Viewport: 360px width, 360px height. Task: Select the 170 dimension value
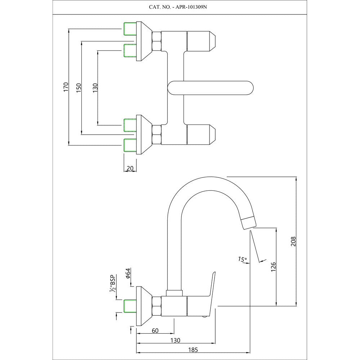click(66, 88)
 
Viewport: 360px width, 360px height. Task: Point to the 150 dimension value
click(79, 88)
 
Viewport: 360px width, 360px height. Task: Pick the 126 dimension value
click(273, 266)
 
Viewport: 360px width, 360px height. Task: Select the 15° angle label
click(242, 259)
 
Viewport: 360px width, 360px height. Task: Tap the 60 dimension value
click(155, 330)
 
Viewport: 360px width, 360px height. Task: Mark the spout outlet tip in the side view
click(248, 224)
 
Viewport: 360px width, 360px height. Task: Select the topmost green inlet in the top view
click(130, 29)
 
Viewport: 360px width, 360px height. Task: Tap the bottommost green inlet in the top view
click(130, 145)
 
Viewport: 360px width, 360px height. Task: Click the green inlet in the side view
click(130, 306)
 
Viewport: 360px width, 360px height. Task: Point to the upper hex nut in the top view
click(157, 40)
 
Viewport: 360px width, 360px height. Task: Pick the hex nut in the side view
click(157, 306)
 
